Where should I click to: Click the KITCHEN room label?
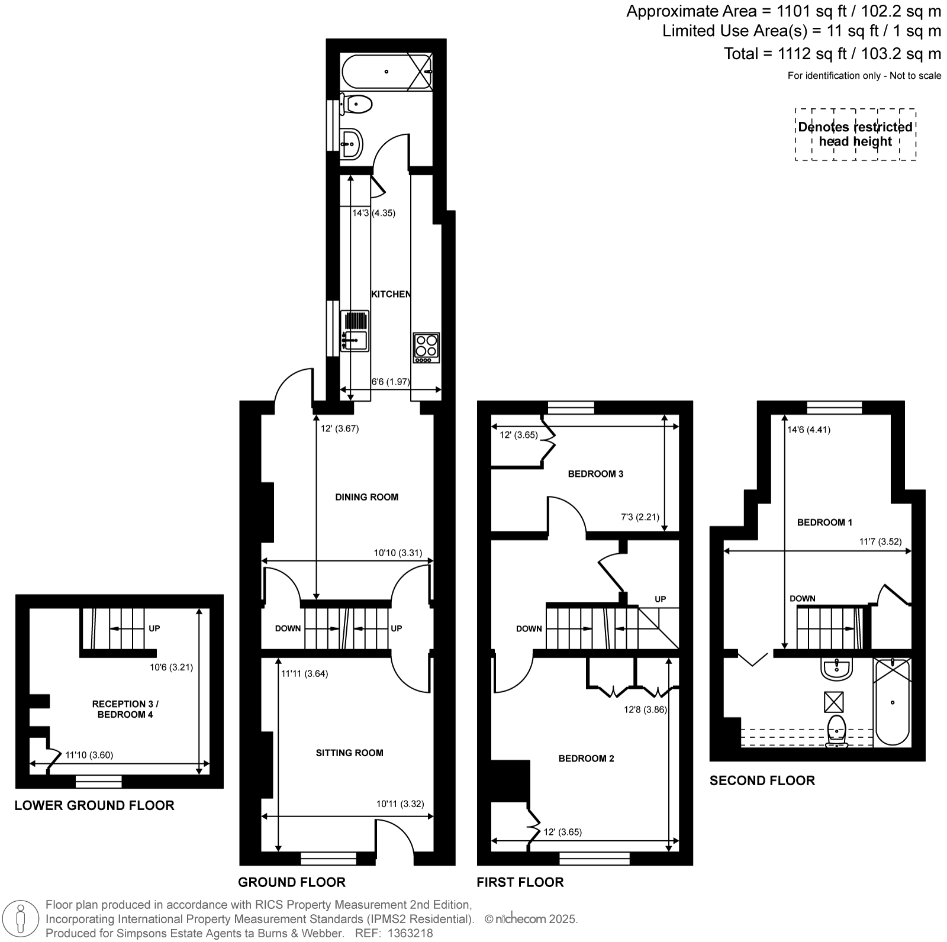(391, 294)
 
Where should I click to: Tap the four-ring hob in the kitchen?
(426, 348)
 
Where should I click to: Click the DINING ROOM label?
(367, 497)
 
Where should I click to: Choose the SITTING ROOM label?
(350, 753)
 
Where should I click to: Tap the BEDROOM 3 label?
(595, 473)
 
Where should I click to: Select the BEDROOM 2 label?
(587, 759)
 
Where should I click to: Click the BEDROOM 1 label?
(824, 522)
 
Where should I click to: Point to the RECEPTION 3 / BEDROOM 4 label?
(125, 709)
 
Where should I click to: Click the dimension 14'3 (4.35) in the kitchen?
(373, 213)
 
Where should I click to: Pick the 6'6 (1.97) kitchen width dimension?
(390, 382)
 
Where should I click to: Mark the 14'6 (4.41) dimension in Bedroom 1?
(809, 430)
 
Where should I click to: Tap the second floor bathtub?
(893, 702)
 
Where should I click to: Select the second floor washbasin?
(836, 669)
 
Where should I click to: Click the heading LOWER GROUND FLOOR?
(95, 805)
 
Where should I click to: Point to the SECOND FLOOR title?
(762, 780)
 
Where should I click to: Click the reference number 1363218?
(411, 934)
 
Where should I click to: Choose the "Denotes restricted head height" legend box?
(855, 134)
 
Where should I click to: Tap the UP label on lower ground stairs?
(154, 628)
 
